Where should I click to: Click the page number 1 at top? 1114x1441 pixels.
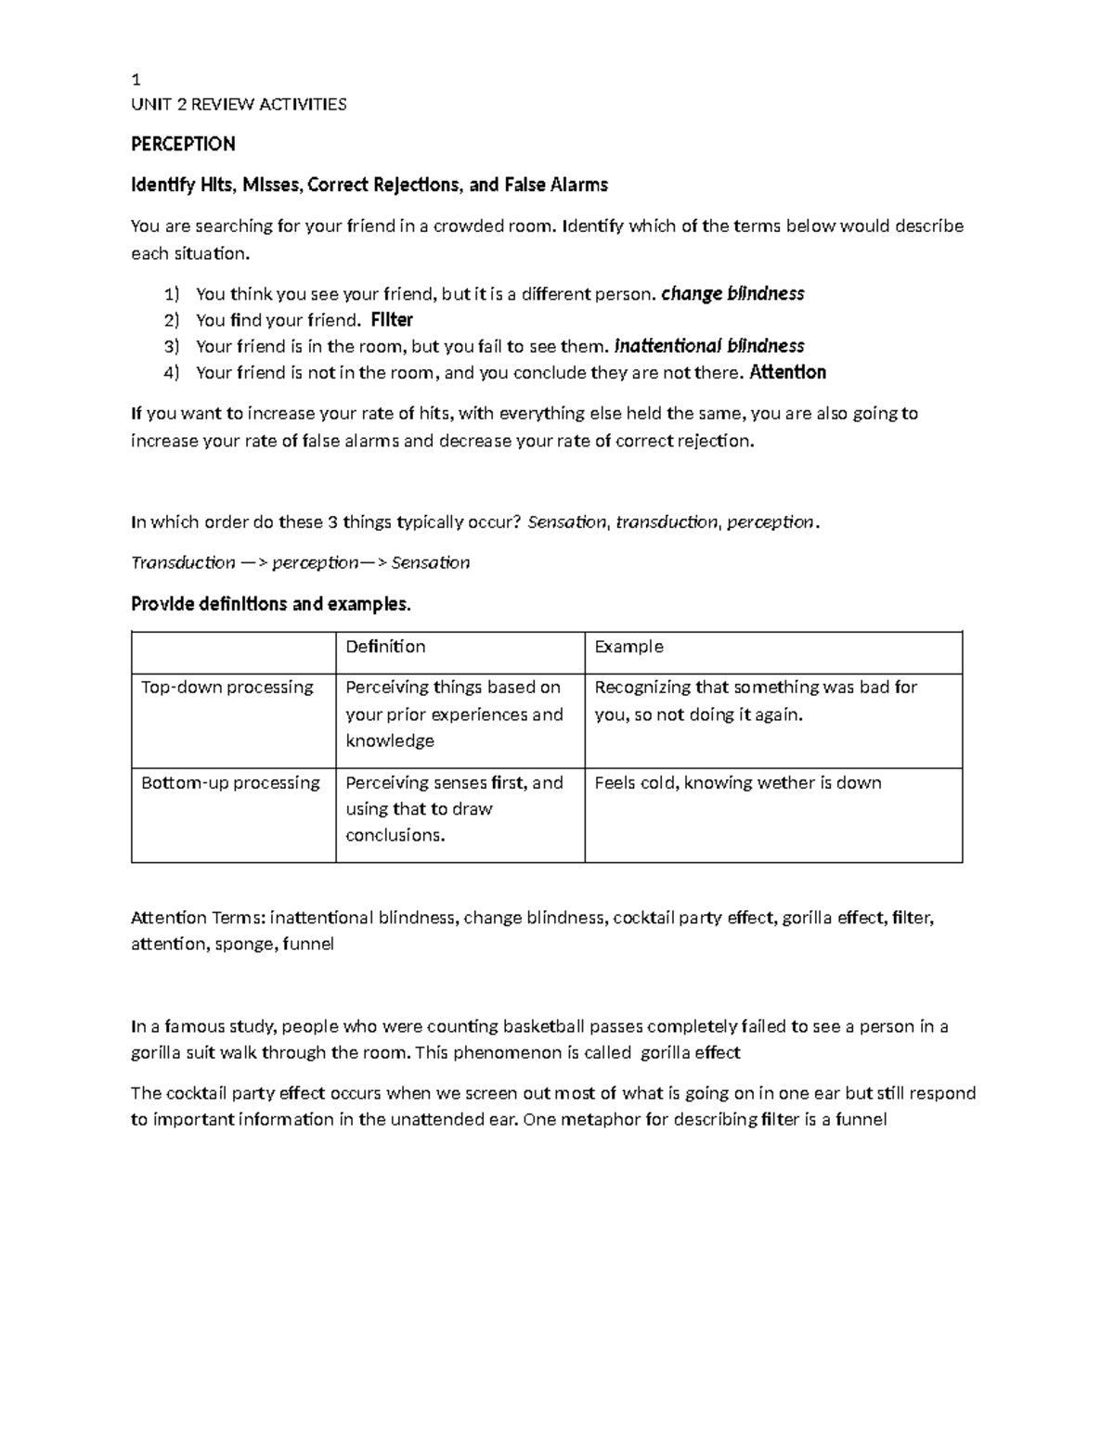tap(136, 80)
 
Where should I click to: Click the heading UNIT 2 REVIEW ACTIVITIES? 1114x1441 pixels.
tap(239, 104)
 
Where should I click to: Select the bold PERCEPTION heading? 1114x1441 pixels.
tap(183, 144)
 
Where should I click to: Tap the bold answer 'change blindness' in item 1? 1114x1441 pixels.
tap(732, 294)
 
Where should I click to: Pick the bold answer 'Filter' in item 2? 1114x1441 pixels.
tap(391, 320)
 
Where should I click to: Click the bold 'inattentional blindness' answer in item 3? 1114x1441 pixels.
tap(709, 346)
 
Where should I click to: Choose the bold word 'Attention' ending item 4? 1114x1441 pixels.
tap(787, 373)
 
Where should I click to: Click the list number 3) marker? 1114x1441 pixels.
tap(171, 347)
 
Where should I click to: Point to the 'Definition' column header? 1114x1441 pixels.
tap(385, 647)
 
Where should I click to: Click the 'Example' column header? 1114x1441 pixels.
tap(628, 647)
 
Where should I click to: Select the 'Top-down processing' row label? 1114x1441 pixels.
tap(227, 688)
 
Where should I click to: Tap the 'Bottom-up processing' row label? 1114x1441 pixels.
tap(230, 783)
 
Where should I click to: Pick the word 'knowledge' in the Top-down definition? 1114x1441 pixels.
tap(390, 740)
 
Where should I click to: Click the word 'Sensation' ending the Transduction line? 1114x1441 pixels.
tap(431, 562)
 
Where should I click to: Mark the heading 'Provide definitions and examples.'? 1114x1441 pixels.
tap(270, 604)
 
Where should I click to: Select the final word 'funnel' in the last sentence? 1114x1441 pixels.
tap(861, 1119)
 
